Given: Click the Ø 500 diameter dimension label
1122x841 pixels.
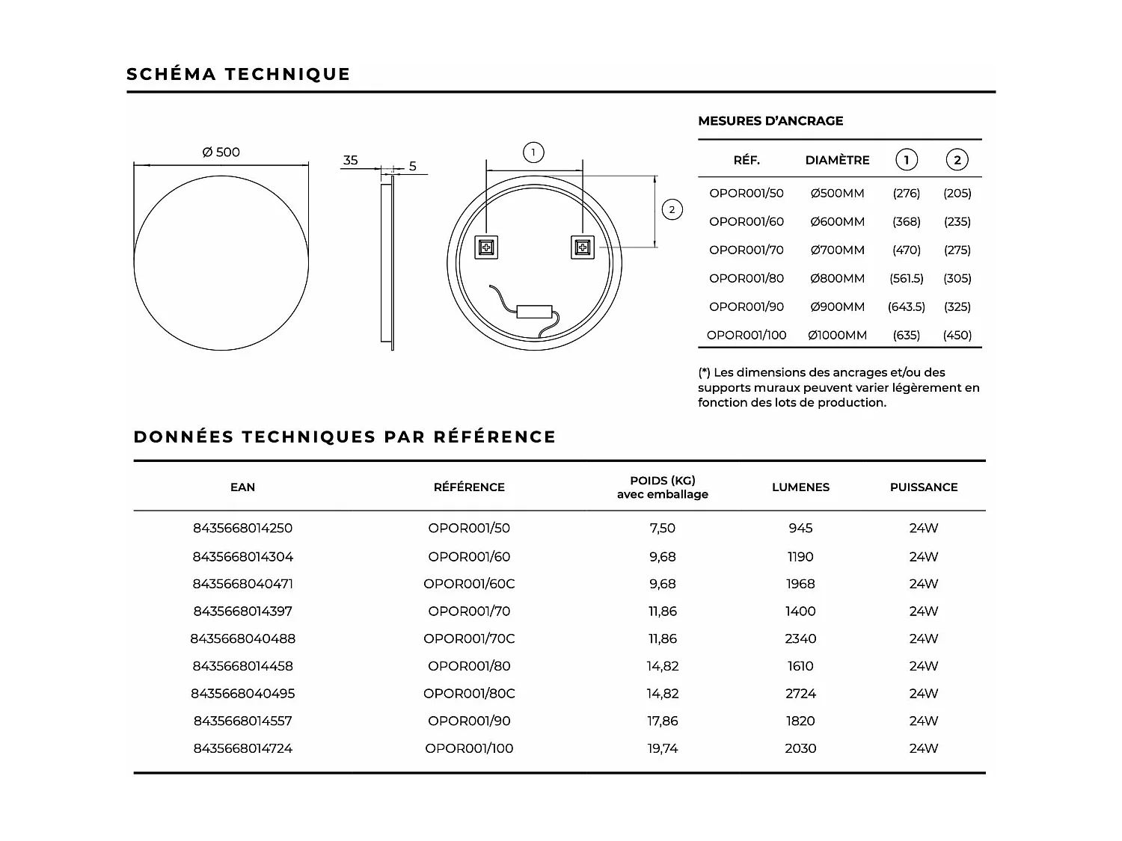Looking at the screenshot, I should pyautogui.click(x=221, y=153).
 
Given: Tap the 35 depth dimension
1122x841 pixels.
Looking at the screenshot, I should pyautogui.click(x=350, y=160).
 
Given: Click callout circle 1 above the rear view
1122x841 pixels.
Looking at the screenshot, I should pyautogui.click(x=533, y=153).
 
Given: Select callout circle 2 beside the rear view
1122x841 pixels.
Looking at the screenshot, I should pyautogui.click(x=672, y=209).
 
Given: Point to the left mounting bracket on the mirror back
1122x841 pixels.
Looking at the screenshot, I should pyautogui.click(x=486, y=247).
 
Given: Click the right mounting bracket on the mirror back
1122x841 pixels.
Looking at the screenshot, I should pyautogui.click(x=583, y=247).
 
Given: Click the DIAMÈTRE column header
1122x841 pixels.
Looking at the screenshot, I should pyautogui.click(x=837, y=160).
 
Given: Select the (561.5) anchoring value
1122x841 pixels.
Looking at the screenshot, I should pyautogui.click(x=906, y=278).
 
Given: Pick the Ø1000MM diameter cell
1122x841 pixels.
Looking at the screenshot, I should pyautogui.click(x=837, y=335).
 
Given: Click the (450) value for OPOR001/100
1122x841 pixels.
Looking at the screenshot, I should pyautogui.click(x=957, y=335).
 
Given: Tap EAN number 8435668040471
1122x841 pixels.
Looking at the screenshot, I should pyautogui.click(x=243, y=584).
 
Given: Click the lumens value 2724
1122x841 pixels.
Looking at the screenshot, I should pyautogui.click(x=800, y=694).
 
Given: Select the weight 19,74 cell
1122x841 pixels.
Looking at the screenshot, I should pyautogui.click(x=663, y=748).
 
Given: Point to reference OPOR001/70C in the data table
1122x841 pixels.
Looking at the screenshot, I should pyautogui.click(x=469, y=638).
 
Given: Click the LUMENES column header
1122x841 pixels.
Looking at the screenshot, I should pyautogui.click(x=800, y=487).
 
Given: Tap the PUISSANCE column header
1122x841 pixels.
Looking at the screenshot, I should pyautogui.click(x=924, y=487).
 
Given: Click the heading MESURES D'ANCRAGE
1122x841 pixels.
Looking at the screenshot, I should pyautogui.click(x=770, y=121).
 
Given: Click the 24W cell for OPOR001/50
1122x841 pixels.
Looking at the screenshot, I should pyautogui.click(x=924, y=529).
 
